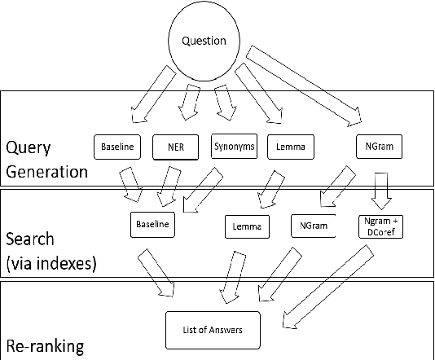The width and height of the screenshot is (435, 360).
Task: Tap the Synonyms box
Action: pyautogui.click(x=234, y=147)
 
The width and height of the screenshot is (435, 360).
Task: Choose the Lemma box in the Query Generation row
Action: pyautogui.click(x=291, y=147)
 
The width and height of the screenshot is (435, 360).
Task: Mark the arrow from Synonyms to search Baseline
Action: pyautogui.click(x=200, y=190)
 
